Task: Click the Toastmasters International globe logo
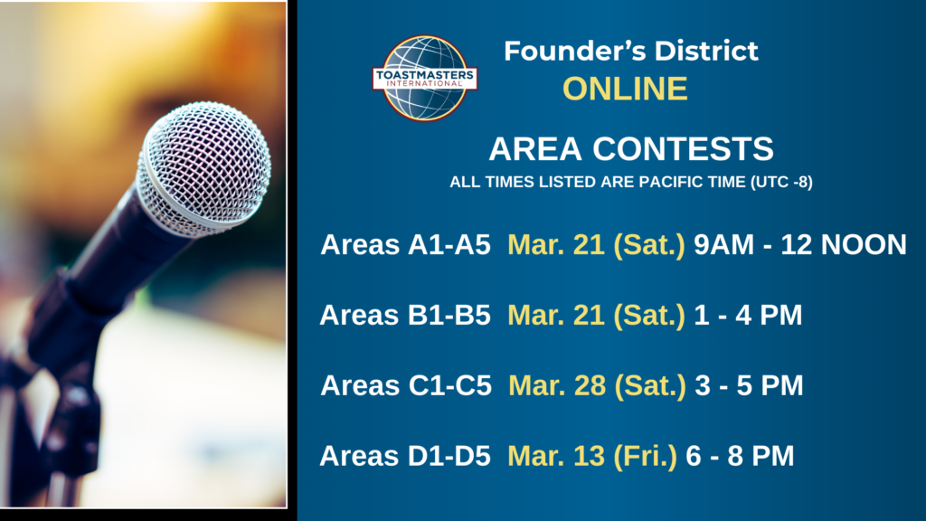425,78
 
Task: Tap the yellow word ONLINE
625,89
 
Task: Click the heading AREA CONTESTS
630,148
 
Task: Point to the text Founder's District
630,51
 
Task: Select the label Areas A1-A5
406,244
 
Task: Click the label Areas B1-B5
405,315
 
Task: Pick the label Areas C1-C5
406,385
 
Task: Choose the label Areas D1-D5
405,456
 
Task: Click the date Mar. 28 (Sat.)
597,385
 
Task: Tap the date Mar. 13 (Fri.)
592,457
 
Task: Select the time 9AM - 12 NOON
800,244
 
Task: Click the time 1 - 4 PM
748,315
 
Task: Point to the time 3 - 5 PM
750,385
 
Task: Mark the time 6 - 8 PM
740,456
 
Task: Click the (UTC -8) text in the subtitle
781,182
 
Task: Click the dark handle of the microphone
100,278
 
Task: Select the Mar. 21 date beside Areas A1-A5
597,245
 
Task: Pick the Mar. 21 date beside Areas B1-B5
597,316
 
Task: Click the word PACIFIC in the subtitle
673,182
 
